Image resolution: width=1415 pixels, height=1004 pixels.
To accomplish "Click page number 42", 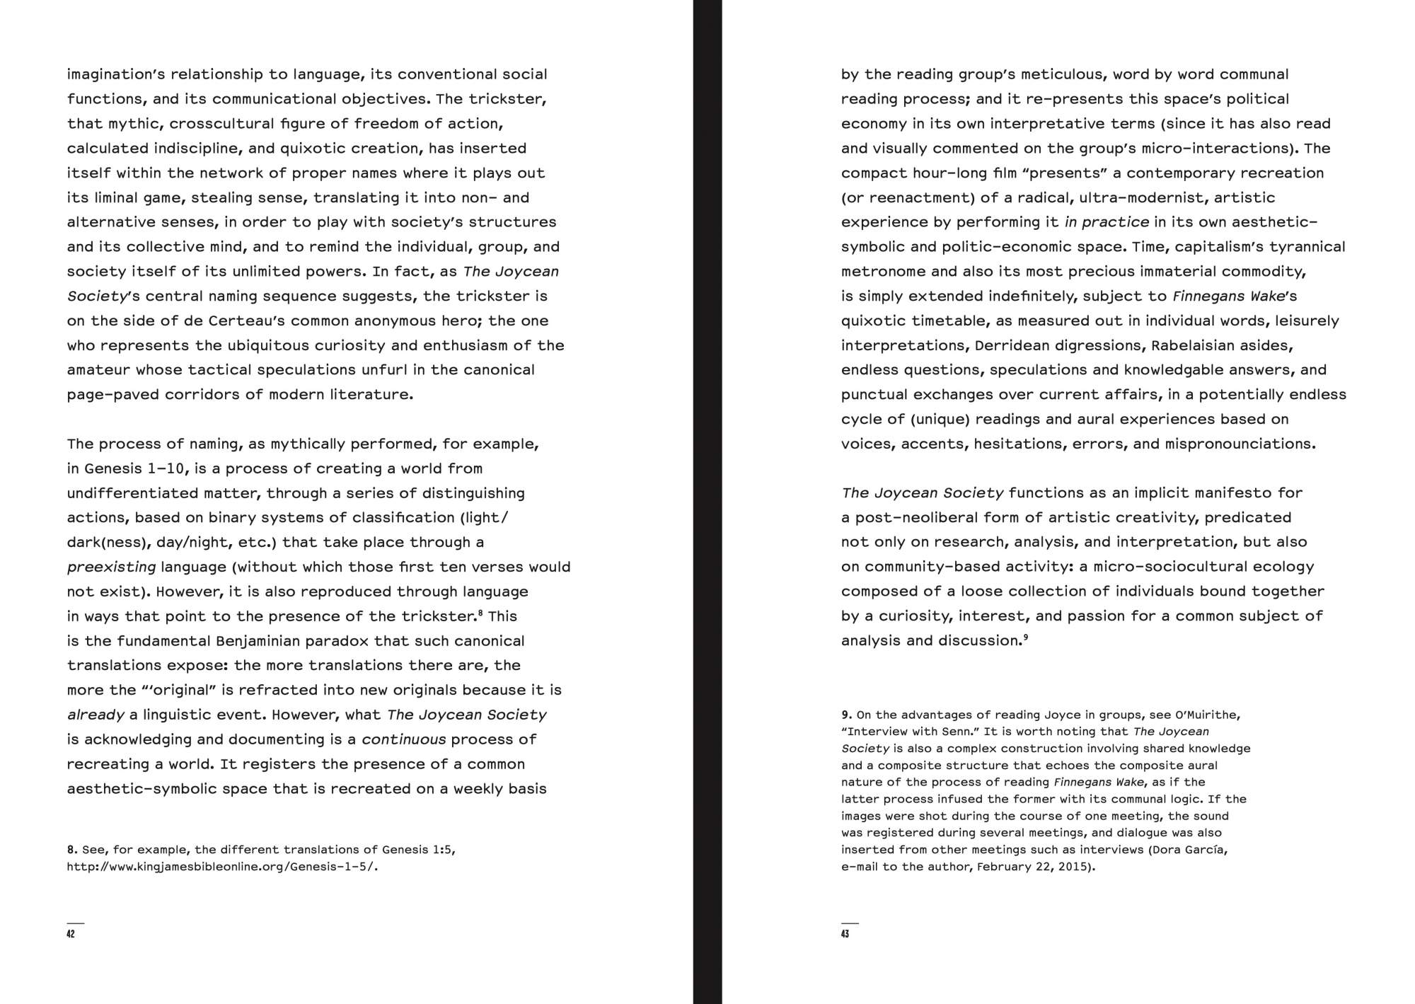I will [71, 934].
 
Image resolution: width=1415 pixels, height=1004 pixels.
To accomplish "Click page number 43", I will [845, 934].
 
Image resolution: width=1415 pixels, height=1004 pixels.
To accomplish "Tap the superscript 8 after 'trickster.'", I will [480, 613].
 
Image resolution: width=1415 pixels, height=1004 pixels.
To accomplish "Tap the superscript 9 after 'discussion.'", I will [1025, 637].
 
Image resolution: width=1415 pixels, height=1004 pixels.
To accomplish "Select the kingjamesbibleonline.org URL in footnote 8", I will [222, 867].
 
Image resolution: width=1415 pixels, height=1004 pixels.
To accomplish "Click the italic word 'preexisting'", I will [111, 567].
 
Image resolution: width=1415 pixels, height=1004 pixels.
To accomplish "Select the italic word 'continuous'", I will [403, 739].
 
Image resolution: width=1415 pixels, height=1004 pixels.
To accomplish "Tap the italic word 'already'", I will [96, 715].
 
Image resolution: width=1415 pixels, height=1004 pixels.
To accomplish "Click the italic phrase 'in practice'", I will [1107, 222].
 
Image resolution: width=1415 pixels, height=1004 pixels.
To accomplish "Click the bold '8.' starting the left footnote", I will [72, 850].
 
